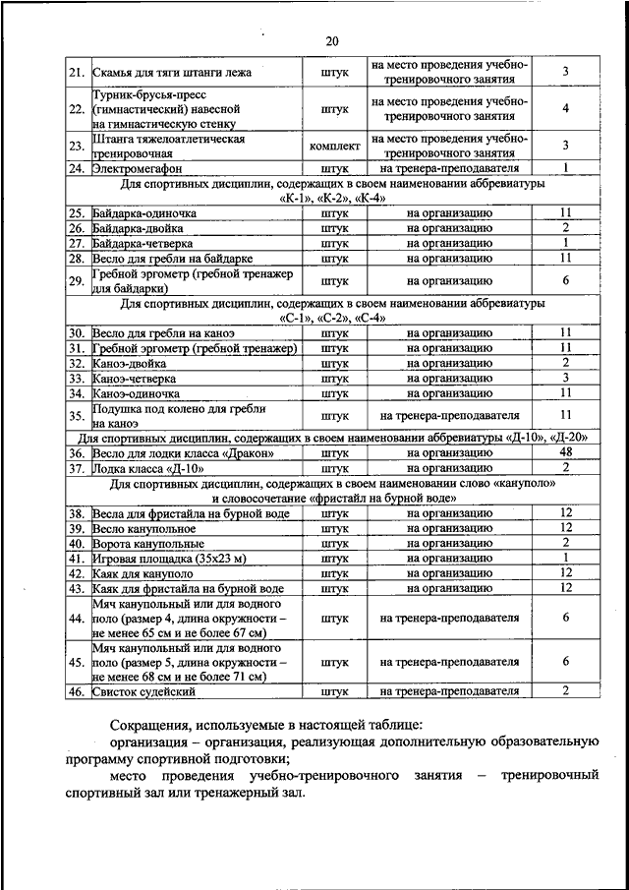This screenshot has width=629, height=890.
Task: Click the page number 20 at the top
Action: click(x=331, y=40)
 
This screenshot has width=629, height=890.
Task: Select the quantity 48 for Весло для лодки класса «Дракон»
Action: click(x=566, y=452)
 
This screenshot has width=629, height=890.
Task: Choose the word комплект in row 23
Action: click(x=334, y=146)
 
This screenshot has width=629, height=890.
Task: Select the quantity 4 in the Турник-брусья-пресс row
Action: click(x=566, y=108)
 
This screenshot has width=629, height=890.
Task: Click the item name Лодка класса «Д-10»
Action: click(x=148, y=467)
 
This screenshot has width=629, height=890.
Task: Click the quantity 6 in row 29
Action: click(x=566, y=281)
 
